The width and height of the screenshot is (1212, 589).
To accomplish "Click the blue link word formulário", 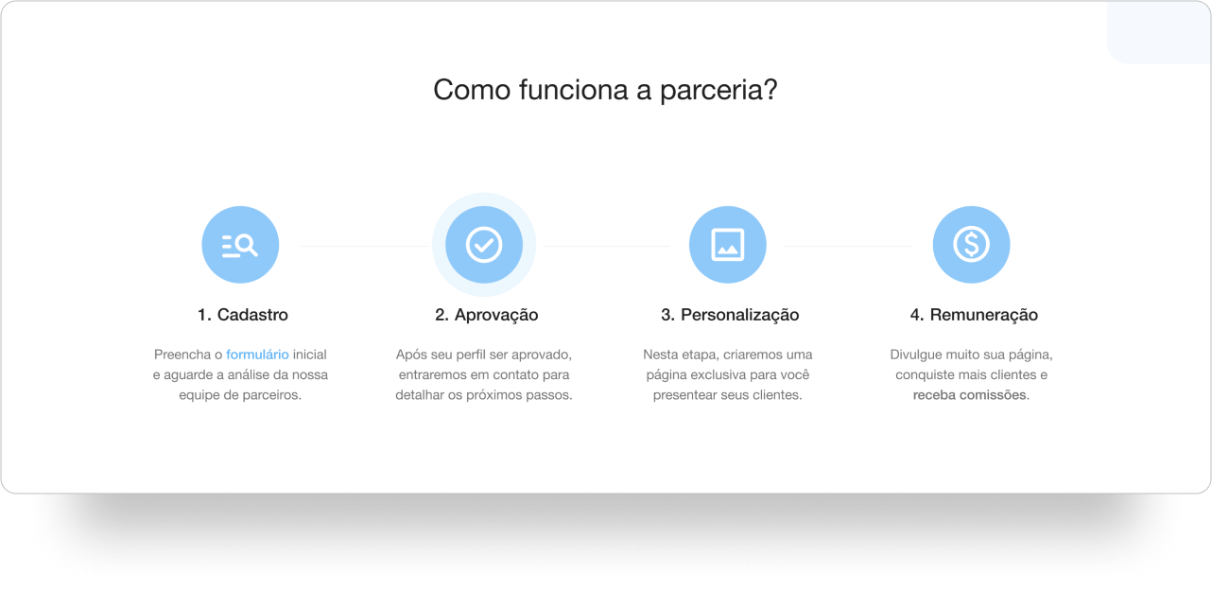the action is [x=257, y=355].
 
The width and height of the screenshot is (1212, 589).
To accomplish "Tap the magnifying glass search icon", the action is [x=240, y=245].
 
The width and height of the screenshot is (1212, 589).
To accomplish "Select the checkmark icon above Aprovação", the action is [x=484, y=245].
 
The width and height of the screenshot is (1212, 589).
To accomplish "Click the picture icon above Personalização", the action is [x=727, y=245].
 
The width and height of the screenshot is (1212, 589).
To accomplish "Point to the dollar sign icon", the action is [x=971, y=245].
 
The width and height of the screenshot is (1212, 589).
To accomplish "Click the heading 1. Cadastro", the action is [x=242, y=315].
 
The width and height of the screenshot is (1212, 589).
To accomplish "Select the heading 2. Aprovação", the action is [x=487, y=315].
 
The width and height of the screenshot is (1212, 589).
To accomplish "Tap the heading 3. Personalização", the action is [x=730, y=315].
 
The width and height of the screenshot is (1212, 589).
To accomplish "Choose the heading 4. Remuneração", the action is [x=974, y=315].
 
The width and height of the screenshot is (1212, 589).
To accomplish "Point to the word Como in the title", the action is [x=472, y=90].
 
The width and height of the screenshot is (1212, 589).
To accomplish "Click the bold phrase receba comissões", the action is [x=970, y=395].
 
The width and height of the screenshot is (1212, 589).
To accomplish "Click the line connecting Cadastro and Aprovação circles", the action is [x=364, y=246].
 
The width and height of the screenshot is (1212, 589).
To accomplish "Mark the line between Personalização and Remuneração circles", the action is [x=847, y=246].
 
